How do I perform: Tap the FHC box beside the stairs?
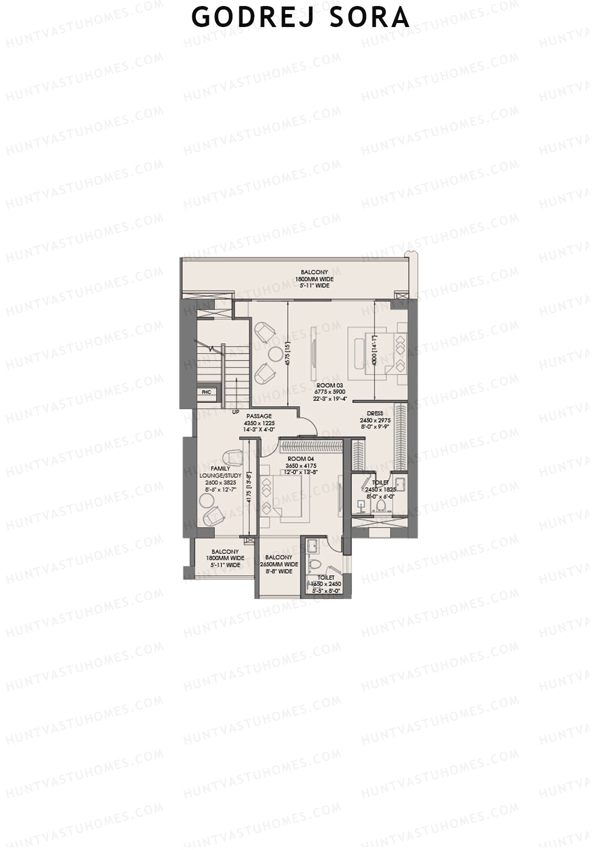tap(206, 392)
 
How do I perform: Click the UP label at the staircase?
tap(235, 412)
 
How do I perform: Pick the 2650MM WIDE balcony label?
tap(279, 564)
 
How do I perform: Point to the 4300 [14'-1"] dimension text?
tap(375, 348)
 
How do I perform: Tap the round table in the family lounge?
tap(205, 499)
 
